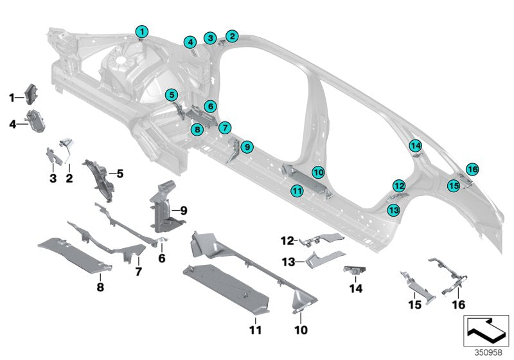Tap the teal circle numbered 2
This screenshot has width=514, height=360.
[x=231, y=37]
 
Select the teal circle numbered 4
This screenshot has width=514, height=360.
[x=190, y=42]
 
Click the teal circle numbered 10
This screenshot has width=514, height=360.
[x=318, y=172]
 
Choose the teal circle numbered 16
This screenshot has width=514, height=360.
[x=472, y=170]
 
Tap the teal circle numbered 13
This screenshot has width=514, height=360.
[x=393, y=209]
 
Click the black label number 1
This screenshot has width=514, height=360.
[x=11, y=97]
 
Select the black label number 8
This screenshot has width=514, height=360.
[x=100, y=287]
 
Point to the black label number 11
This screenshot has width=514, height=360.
[x=255, y=330]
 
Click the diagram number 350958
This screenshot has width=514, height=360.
[x=488, y=352]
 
